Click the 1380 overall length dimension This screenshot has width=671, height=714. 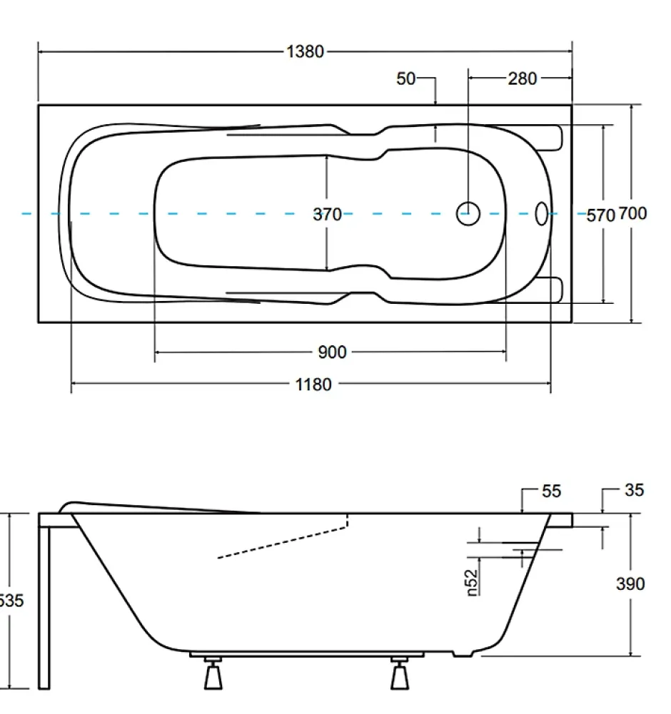[305, 51]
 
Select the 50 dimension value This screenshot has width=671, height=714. [405, 78]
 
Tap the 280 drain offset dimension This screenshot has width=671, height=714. [523, 78]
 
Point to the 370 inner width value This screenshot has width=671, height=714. [328, 214]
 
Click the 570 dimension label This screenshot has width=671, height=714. [601, 215]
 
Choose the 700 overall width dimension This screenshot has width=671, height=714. [632, 213]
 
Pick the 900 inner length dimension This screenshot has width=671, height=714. [333, 352]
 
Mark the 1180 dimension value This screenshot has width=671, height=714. [313, 384]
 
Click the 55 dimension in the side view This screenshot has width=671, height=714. [552, 491]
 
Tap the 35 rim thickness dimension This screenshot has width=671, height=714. [635, 490]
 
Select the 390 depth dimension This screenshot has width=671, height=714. [630, 583]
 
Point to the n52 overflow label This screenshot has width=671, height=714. [473, 583]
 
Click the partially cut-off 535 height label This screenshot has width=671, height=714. [11, 601]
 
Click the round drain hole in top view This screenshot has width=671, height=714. [468, 213]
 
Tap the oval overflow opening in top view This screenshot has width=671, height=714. [541, 213]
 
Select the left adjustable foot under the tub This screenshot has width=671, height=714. [213, 673]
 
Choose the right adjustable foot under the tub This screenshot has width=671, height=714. [400, 673]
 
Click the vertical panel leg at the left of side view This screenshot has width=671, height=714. [44, 608]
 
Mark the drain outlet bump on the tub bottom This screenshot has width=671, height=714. [463, 654]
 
